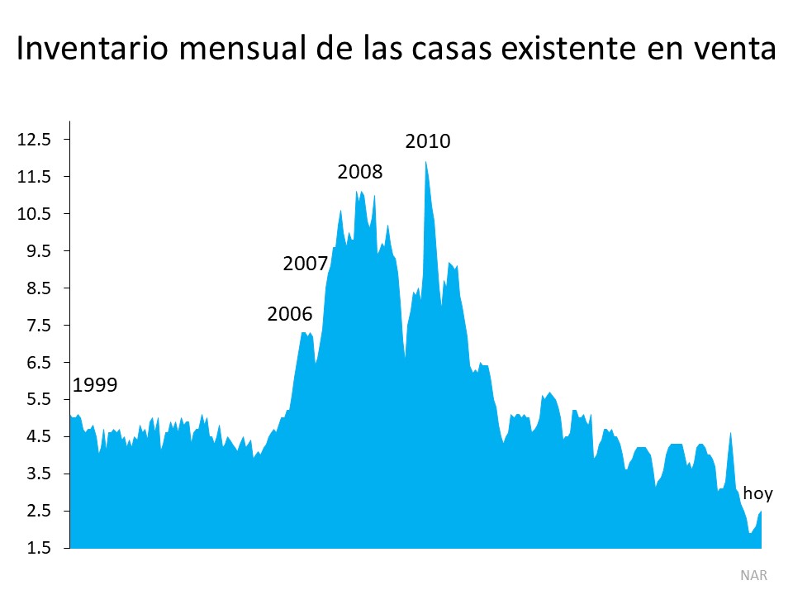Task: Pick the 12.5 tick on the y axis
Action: [x=35, y=139]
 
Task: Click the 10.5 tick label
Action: [x=35, y=213]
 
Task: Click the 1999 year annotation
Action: [x=96, y=384]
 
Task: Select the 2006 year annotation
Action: [x=290, y=314]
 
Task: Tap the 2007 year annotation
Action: [x=306, y=264]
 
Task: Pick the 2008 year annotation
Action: [x=360, y=172]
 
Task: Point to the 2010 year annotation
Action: [x=428, y=140]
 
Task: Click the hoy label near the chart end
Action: [x=757, y=494]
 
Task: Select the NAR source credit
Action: [x=753, y=574]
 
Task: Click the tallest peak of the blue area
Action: [x=425, y=163]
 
